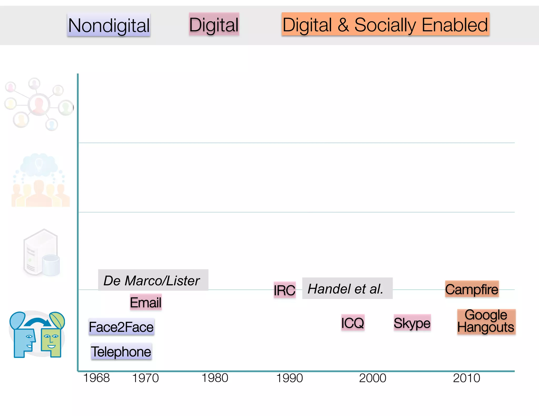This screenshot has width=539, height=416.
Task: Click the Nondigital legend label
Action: [x=109, y=25]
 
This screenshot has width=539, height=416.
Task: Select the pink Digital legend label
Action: [x=214, y=24]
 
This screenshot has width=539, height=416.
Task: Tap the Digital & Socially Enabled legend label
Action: [x=385, y=24]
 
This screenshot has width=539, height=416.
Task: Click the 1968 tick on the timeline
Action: [x=96, y=378]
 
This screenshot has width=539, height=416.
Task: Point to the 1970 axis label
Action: [x=145, y=378]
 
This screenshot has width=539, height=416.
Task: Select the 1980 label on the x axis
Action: [x=215, y=378]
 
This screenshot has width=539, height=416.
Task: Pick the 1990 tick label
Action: [x=290, y=378]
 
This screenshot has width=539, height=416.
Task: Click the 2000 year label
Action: [x=373, y=378]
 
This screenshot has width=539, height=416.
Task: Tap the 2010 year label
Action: [x=467, y=378]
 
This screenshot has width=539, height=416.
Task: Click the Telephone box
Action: [x=121, y=352]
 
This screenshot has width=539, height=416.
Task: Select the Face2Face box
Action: [x=121, y=327]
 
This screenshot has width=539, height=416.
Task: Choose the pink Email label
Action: [x=146, y=302]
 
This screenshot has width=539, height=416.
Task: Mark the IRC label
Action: [x=285, y=290]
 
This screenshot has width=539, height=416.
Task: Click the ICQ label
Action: [x=353, y=323]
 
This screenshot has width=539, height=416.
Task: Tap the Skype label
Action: [x=412, y=323]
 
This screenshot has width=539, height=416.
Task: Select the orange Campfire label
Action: [x=472, y=289]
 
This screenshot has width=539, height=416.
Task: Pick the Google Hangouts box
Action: [x=486, y=321]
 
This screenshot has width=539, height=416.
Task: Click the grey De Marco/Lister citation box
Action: [x=153, y=280]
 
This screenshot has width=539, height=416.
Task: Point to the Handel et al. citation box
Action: [x=347, y=288]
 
